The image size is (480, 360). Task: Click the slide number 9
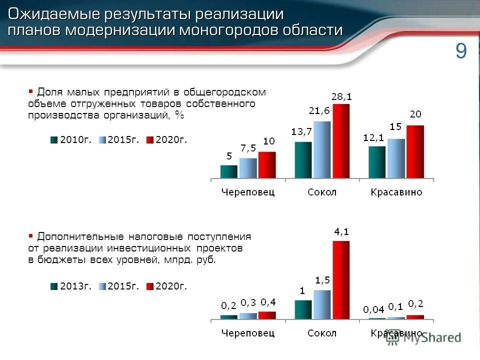[x=460, y=52]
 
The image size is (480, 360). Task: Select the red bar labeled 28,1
[x=341, y=141]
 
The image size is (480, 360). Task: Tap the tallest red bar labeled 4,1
[x=341, y=279]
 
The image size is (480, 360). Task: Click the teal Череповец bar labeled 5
[x=229, y=171]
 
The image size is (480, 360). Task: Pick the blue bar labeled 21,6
[x=322, y=149]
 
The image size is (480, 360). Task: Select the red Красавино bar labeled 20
[x=415, y=151]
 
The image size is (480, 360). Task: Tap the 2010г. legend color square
[x=54, y=140]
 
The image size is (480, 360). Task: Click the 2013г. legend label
[x=75, y=286]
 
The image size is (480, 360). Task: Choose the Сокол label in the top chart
[x=322, y=192]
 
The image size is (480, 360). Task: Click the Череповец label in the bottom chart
[x=248, y=333]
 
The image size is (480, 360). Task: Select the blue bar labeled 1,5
[x=322, y=304]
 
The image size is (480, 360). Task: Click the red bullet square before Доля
[x=31, y=91]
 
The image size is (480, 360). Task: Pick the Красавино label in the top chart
[x=396, y=192]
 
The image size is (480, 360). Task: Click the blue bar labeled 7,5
[x=248, y=168]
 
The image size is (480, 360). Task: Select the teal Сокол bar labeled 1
[x=303, y=309]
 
